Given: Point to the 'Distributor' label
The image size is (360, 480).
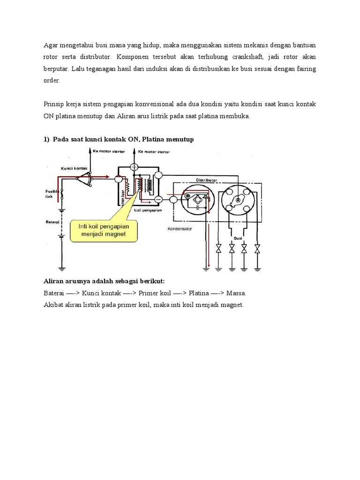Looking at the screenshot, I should tap(207, 180).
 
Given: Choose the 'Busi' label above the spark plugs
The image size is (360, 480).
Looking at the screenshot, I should tap(238, 238).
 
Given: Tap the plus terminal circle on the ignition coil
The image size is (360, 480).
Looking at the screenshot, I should tap(134, 167).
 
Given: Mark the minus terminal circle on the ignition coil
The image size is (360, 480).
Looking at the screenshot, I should tap(158, 199).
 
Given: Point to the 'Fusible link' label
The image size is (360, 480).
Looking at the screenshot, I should tap(51, 194).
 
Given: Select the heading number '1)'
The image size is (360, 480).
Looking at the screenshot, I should tap(46, 140).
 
